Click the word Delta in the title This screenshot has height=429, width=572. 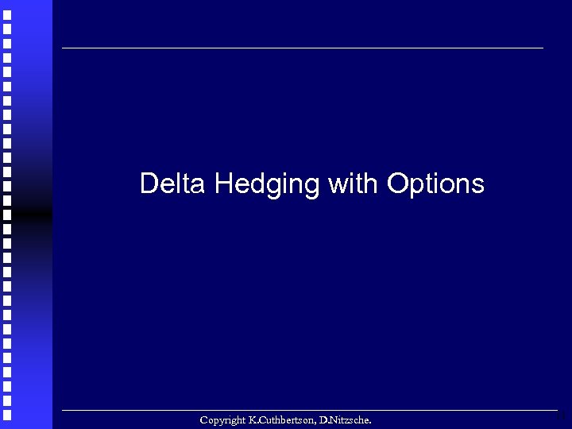coord(172,184)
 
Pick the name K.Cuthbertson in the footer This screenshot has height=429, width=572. coord(280,419)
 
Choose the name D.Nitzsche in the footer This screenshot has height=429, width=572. coord(344,419)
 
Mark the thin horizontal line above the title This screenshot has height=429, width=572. coord(303,48)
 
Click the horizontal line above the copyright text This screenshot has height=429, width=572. coord(303,410)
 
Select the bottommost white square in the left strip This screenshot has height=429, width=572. coord(6,415)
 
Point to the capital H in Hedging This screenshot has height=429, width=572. coord(222,184)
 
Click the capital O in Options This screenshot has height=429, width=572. coord(398,184)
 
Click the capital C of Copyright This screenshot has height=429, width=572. coord(204,419)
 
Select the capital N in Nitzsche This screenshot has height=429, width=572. coord(327,419)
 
